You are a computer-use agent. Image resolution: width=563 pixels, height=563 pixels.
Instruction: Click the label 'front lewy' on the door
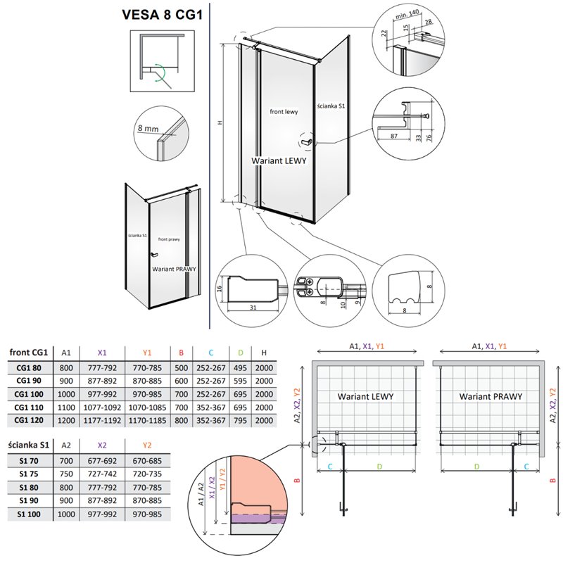pyautogui.click(x=283, y=112)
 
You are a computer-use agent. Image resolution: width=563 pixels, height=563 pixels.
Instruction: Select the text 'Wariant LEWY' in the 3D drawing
pyautogui.click(x=279, y=160)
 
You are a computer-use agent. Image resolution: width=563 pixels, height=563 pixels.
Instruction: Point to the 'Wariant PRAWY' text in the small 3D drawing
pyautogui.click(x=173, y=268)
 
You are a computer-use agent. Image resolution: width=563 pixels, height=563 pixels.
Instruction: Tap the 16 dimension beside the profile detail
pyautogui.click(x=220, y=288)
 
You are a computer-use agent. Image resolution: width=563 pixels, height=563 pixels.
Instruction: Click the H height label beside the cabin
pyautogui.click(x=220, y=122)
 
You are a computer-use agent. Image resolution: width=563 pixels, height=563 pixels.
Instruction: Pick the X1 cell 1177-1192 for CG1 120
pyautogui.click(x=103, y=420)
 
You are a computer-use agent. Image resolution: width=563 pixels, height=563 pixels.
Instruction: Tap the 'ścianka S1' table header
pyautogui.click(x=29, y=444)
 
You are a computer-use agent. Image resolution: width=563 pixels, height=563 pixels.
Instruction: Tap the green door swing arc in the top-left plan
pyautogui.click(x=163, y=72)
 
